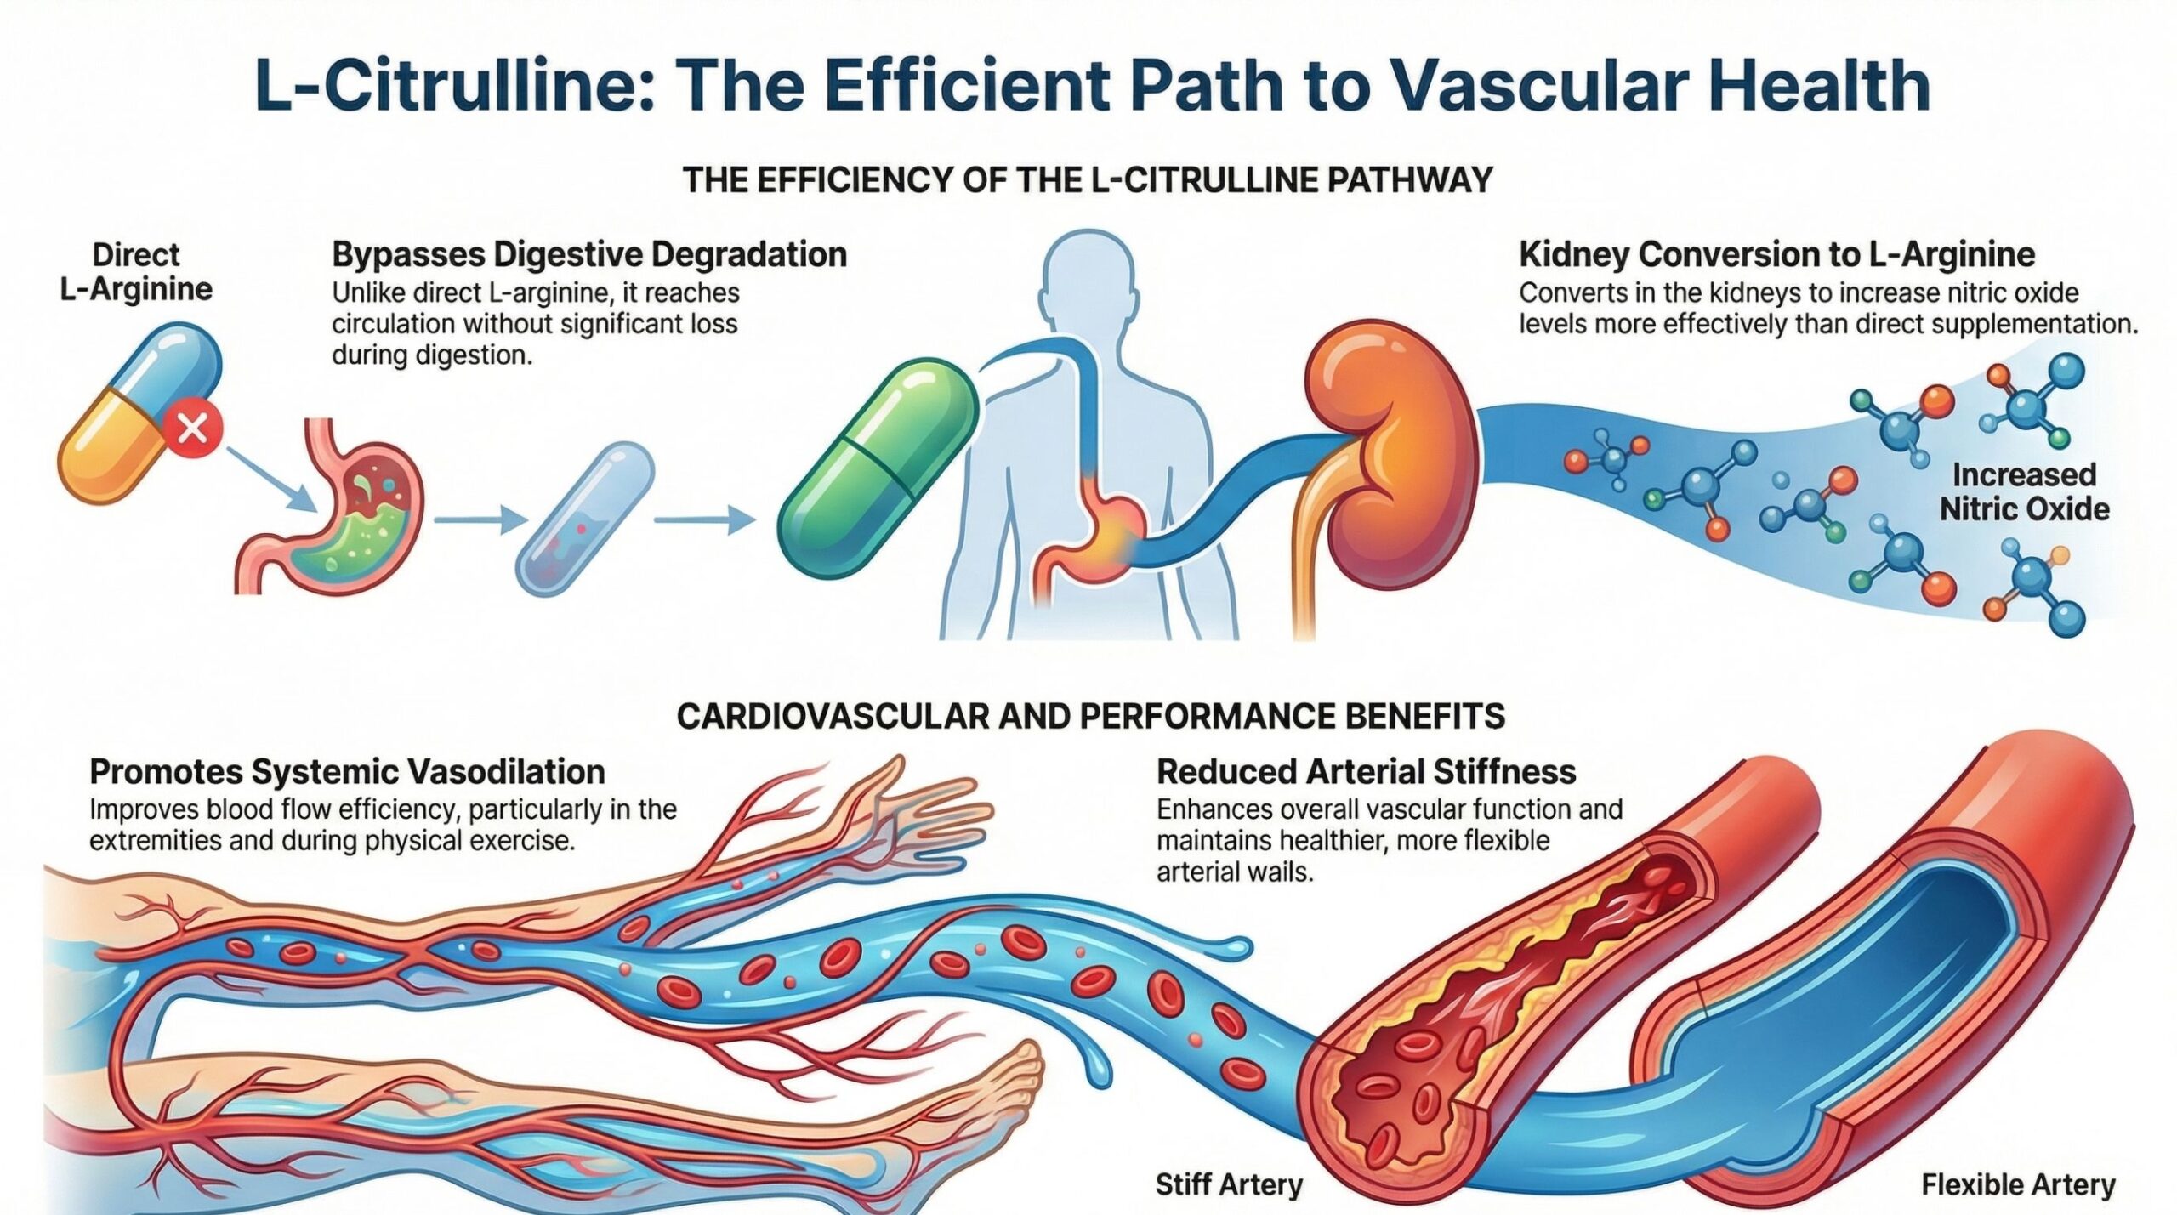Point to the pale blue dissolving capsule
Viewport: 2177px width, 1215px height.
tap(585, 518)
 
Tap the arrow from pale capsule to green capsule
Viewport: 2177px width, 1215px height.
tap(704, 519)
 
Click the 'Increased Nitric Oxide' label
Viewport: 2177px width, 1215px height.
tap(2023, 491)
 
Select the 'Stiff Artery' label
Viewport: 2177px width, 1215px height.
tap(1229, 1184)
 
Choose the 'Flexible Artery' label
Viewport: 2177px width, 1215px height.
tap(2018, 1184)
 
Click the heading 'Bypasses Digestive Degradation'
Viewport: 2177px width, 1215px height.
tap(588, 254)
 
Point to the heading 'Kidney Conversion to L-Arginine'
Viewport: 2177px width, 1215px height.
tap(1776, 254)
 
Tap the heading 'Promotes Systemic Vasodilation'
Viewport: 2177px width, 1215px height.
tap(347, 772)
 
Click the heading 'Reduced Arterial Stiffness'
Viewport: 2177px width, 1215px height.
tap(1366, 772)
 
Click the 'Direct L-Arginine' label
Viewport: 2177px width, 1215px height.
tap(136, 272)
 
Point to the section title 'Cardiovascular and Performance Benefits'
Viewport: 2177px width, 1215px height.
tap(1090, 716)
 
